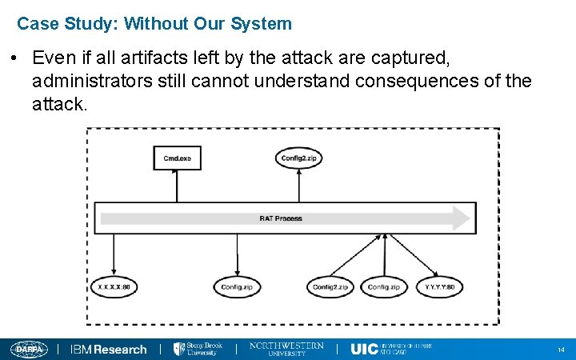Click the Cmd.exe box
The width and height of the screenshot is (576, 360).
pos(177,158)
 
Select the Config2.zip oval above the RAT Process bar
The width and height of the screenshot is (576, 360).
pos(300,158)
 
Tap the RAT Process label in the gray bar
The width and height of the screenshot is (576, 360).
pos(281,218)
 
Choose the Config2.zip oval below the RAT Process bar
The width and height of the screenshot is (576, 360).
pos(330,286)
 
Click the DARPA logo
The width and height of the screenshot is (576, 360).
pos(29,349)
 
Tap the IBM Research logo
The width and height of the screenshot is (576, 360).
pos(109,350)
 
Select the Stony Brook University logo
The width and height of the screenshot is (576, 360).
pos(199,349)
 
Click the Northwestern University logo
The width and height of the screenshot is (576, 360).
pos(286,349)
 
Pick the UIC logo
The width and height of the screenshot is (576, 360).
pos(391,349)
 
